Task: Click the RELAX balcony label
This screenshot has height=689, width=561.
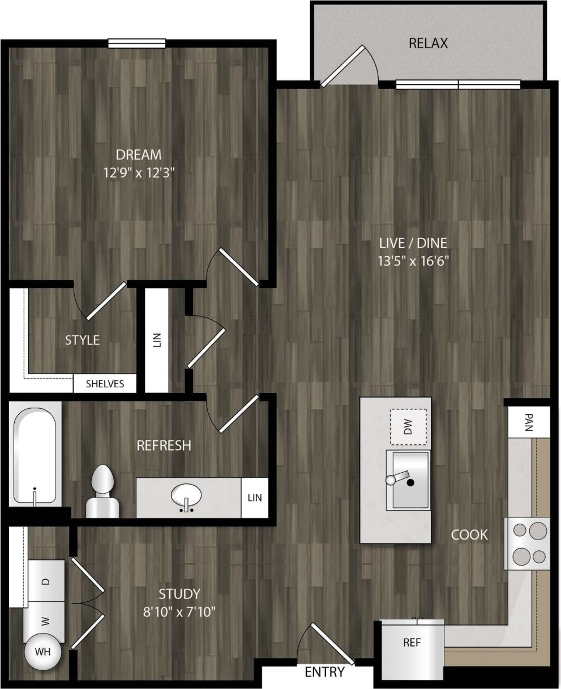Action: click(428, 43)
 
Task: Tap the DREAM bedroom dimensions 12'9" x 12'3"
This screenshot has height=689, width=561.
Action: click(138, 172)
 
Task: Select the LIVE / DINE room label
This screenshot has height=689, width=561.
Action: click(413, 243)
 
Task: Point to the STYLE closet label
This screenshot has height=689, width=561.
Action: click(82, 340)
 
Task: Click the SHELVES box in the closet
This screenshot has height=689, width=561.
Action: click(105, 384)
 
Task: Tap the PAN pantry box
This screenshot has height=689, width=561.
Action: click(529, 422)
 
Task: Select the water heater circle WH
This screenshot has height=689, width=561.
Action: click(43, 652)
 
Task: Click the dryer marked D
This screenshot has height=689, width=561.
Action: click(46, 581)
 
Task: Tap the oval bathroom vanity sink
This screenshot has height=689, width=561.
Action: click(186, 497)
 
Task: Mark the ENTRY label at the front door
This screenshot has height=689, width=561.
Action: click(324, 672)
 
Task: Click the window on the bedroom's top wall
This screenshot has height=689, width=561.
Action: click(137, 44)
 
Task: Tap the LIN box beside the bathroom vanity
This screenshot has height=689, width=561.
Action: click(254, 498)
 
